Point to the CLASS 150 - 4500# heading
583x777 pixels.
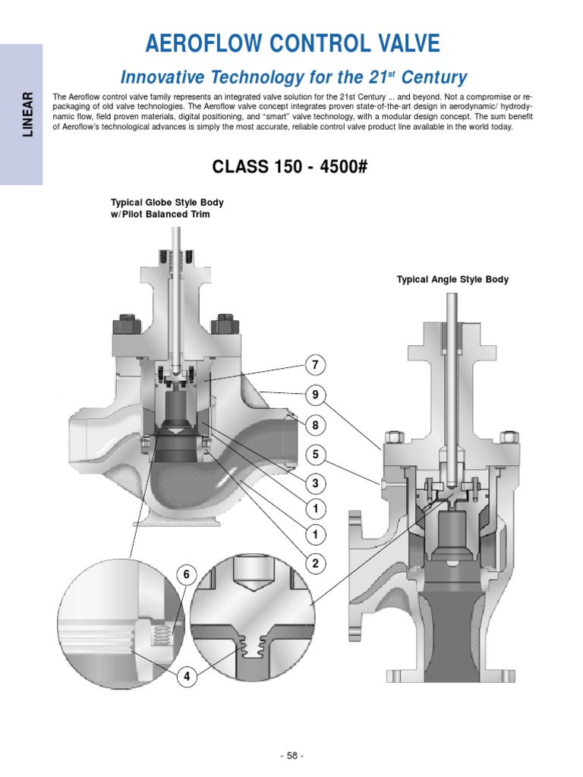coord(292,166)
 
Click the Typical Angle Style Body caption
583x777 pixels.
coord(452,279)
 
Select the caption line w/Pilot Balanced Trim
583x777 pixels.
coord(160,215)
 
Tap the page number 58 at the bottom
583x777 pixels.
coord(291,756)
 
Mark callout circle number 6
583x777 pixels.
coord(186,576)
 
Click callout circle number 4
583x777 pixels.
coord(186,676)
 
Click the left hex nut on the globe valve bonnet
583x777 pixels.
coord(124,326)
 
